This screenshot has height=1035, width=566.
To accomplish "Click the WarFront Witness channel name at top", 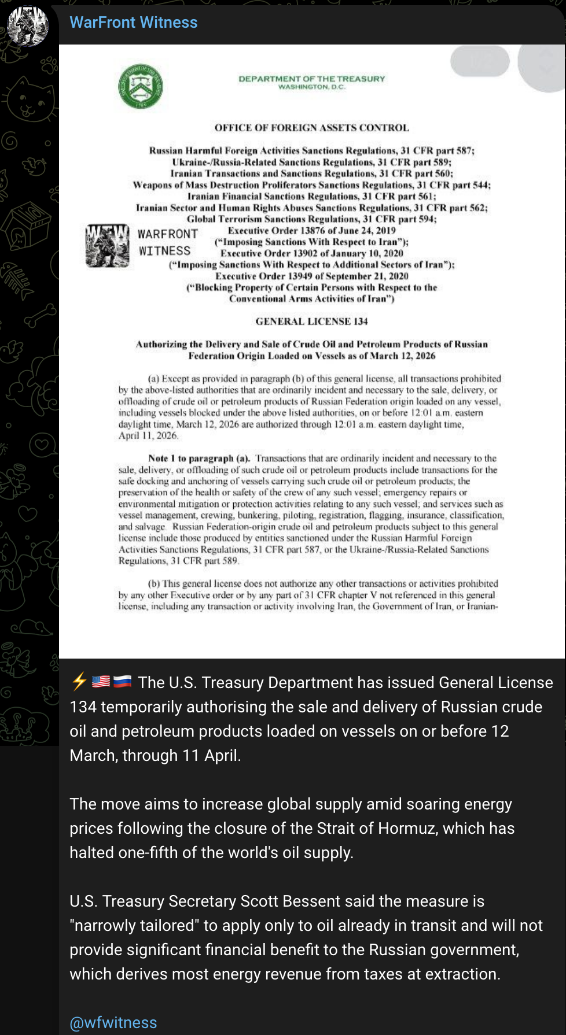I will pyautogui.click(x=134, y=23).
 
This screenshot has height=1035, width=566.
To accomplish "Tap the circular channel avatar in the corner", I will pyautogui.click(x=28, y=26).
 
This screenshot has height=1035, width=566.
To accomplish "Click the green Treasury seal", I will pyautogui.click(x=141, y=86).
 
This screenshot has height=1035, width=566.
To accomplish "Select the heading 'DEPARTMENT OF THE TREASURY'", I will pyautogui.click(x=311, y=79).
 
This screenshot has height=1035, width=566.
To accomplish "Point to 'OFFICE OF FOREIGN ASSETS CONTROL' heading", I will pyautogui.click(x=311, y=128).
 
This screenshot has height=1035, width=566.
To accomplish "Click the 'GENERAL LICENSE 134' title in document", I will pyautogui.click(x=311, y=321).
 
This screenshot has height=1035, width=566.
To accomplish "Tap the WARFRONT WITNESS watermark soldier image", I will pyautogui.click(x=108, y=246).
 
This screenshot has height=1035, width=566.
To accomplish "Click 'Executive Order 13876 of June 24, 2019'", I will pyautogui.click(x=311, y=231).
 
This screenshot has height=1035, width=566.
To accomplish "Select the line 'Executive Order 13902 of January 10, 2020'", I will pyautogui.click(x=311, y=253).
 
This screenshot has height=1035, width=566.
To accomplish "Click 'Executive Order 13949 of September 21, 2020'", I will pyautogui.click(x=311, y=276).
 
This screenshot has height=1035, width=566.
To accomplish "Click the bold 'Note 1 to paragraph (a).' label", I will pyautogui.click(x=199, y=459).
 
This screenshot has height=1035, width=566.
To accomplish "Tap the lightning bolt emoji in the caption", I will pyautogui.click(x=79, y=682).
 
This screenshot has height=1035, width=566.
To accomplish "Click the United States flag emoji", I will pyautogui.click(x=101, y=682).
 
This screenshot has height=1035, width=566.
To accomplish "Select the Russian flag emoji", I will pyautogui.click(x=122, y=682).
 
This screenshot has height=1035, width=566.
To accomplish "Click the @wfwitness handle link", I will pyautogui.click(x=113, y=1022).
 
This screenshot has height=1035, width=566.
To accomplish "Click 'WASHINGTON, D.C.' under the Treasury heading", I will pyautogui.click(x=311, y=87).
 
